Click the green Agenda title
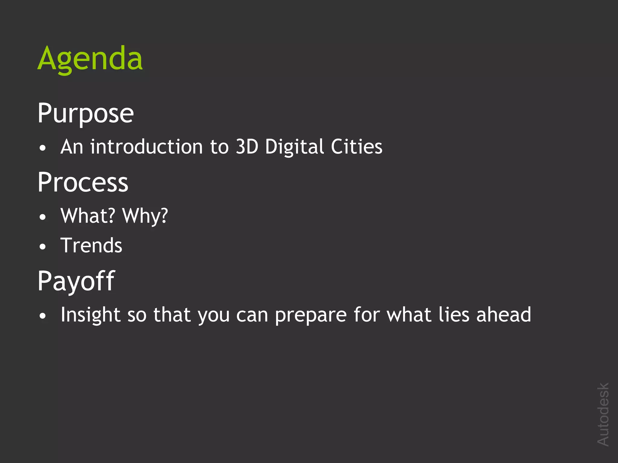[90, 59]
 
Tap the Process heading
[83, 183]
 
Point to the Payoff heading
[76, 281]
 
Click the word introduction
[146, 147]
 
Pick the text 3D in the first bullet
[247, 147]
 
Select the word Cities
[357, 147]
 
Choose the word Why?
[145, 216]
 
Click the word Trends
[91, 245]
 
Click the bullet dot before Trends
[43, 247]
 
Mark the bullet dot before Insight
[43, 316]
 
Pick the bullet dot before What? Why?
[43, 217]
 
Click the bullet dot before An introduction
[43, 148]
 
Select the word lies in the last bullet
[454, 314]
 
